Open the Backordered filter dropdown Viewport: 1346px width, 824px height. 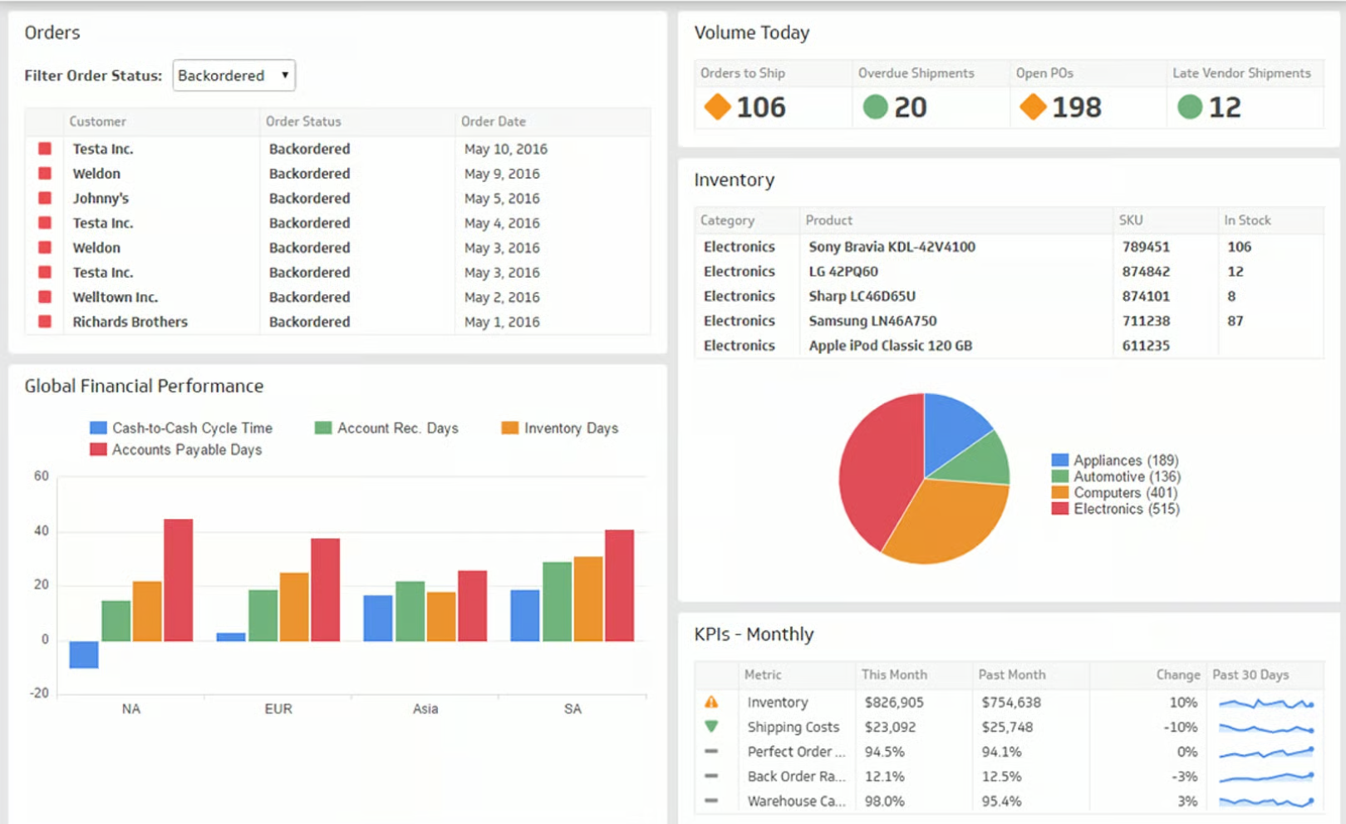click(233, 76)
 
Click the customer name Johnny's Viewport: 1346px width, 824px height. click(101, 199)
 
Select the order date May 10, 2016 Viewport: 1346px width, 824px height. click(505, 150)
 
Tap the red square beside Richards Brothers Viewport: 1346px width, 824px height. click(45, 322)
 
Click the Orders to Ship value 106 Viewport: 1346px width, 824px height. click(760, 107)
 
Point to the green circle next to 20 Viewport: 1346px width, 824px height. click(875, 107)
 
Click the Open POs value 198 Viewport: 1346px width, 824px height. click(1076, 107)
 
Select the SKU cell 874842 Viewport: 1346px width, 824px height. click(1145, 272)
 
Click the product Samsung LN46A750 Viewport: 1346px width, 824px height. click(872, 321)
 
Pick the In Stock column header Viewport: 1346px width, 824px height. click(1246, 220)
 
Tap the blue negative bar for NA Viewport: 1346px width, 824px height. click(84, 654)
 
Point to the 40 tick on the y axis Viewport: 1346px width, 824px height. click(42, 530)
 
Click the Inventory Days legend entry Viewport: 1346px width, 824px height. click(570, 428)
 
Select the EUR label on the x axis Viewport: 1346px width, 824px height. click(278, 709)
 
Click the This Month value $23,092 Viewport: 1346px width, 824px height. click(889, 728)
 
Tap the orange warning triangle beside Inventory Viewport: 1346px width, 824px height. click(711, 703)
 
